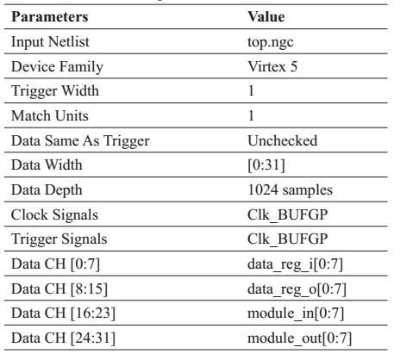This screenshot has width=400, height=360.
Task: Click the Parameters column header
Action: coord(50,16)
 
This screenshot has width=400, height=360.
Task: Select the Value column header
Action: coord(266,16)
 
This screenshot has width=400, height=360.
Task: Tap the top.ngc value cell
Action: coord(271,42)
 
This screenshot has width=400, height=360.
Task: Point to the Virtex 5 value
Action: coord(272,66)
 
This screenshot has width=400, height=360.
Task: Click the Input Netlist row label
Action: coord(50,41)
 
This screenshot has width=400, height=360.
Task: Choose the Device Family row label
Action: coord(57,67)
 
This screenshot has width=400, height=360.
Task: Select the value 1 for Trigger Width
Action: coord(251,91)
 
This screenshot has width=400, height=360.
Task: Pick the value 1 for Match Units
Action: coord(251,115)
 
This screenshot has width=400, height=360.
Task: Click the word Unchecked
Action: coord(283,140)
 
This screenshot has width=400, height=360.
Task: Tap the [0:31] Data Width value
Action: coord(266,165)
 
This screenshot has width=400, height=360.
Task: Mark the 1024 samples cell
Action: coord(291,190)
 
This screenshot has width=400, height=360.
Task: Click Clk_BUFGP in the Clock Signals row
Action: coord(288,214)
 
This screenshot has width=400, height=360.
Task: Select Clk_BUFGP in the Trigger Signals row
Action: coord(288,239)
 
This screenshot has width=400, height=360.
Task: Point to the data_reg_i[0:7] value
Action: coord(296,264)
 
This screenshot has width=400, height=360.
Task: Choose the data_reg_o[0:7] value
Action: coord(297,289)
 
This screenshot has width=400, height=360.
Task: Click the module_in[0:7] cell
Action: coord(296,313)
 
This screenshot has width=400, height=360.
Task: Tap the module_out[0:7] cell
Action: coord(300,338)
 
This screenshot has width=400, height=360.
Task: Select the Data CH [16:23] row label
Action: coord(63,313)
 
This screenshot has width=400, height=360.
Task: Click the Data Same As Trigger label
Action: coord(80,141)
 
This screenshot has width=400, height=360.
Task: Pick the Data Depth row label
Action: coord(47,190)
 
